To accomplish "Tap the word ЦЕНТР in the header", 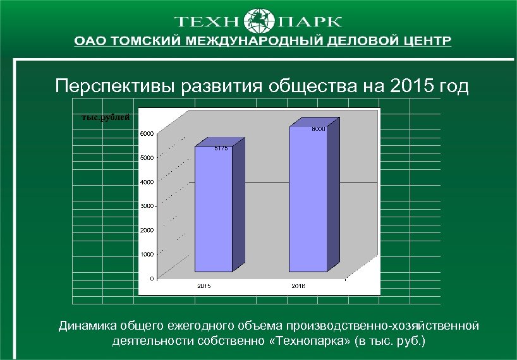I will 425,41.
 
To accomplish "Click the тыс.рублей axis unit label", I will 106,117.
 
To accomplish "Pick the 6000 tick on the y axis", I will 146,133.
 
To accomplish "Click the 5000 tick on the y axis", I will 146,158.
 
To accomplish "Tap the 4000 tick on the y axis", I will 146,182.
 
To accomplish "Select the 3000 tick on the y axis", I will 146,206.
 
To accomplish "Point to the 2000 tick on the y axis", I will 146,230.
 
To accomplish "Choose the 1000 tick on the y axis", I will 146,254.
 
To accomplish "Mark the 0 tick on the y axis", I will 151,278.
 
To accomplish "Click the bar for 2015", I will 214,208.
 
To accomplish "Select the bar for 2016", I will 308,199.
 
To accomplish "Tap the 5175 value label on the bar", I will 221,148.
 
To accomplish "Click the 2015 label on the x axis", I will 204,286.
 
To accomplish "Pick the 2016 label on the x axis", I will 298,286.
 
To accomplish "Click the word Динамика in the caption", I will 86,327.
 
